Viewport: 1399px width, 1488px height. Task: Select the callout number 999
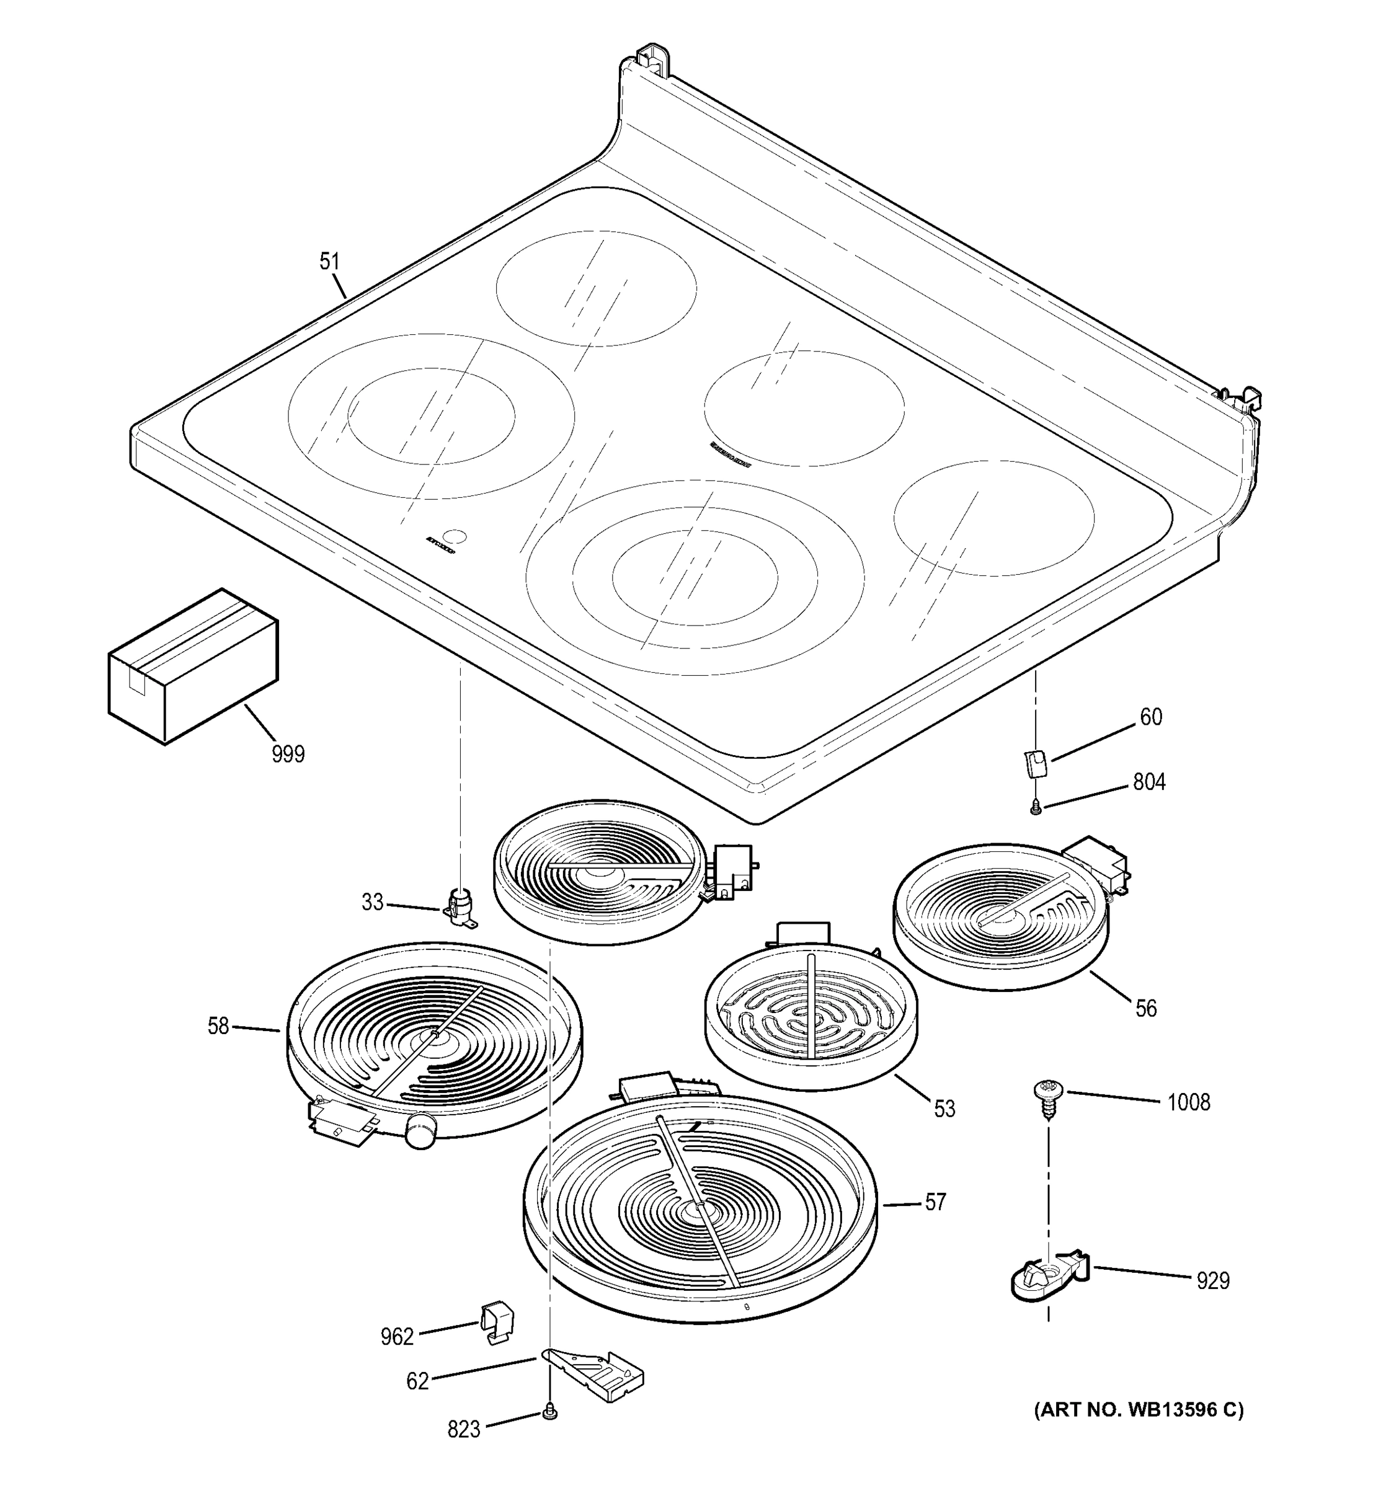[288, 754]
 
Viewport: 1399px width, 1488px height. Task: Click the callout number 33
[372, 903]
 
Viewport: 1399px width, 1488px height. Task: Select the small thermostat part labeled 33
[460, 904]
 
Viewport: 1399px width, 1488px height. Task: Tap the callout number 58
[218, 1025]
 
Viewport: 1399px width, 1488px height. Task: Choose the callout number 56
[1146, 1008]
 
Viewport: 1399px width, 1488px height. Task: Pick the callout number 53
[944, 1109]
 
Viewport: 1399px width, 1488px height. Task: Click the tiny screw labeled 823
[550, 1413]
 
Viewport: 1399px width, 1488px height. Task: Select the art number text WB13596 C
[1139, 1410]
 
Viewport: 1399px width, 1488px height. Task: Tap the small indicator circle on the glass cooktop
[455, 537]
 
